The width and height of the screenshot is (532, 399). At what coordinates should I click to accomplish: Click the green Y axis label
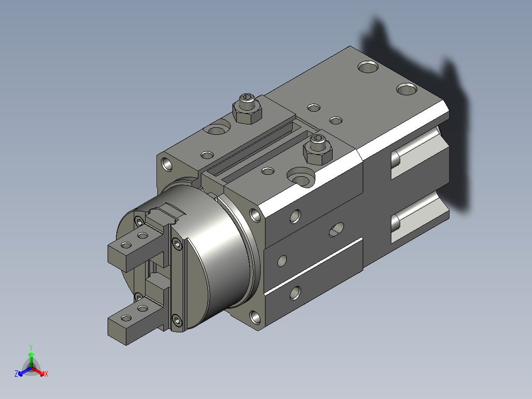tap(31, 347)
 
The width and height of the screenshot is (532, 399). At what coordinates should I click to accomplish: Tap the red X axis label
tap(46, 374)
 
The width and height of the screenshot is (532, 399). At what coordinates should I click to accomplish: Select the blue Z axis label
tap(16, 373)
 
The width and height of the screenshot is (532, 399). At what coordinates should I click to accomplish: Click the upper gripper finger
tap(136, 249)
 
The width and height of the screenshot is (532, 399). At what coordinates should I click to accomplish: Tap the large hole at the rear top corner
tap(368, 67)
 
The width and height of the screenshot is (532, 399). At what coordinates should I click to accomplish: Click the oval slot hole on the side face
tap(336, 230)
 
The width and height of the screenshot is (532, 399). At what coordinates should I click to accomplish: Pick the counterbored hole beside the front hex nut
tap(301, 177)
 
